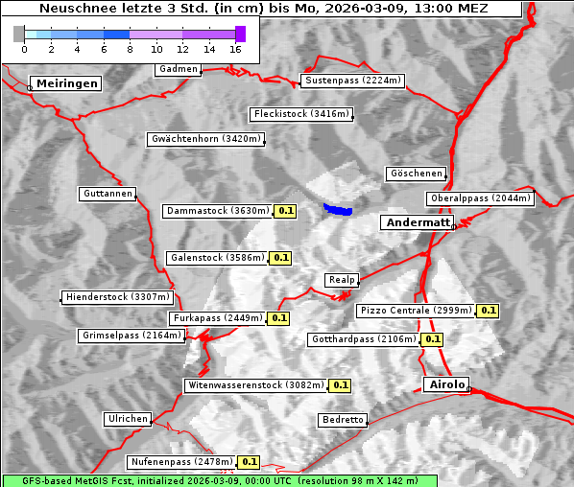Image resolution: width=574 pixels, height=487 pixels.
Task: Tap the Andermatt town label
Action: tap(418, 222)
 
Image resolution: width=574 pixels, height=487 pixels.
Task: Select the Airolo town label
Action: tap(446, 384)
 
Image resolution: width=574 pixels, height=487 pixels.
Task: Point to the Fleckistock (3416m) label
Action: tap(300, 114)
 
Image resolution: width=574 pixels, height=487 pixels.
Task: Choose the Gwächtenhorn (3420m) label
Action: tap(205, 139)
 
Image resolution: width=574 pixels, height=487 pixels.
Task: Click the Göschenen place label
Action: tap(416, 174)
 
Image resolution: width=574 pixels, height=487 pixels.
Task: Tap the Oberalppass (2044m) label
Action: tap(480, 198)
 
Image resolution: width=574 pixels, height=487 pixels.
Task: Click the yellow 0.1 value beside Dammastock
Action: tap(285, 210)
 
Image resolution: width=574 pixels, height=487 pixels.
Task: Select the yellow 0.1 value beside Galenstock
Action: tap(280, 258)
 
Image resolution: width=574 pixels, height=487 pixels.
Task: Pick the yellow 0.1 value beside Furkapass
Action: tap(279, 317)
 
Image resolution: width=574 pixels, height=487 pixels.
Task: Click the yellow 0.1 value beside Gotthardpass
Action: tap(432, 339)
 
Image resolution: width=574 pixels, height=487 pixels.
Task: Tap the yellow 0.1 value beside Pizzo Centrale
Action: tap(488, 311)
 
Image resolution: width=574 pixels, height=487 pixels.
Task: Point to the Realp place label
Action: tap(342, 280)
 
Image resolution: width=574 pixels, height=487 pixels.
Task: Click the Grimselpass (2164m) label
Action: tap(131, 336)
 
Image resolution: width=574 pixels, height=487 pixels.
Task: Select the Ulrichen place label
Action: tap(127, 419)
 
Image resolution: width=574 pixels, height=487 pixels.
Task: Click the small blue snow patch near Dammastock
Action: tap(337, 208)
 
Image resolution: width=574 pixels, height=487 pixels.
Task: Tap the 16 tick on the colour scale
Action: tap(236, 48)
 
